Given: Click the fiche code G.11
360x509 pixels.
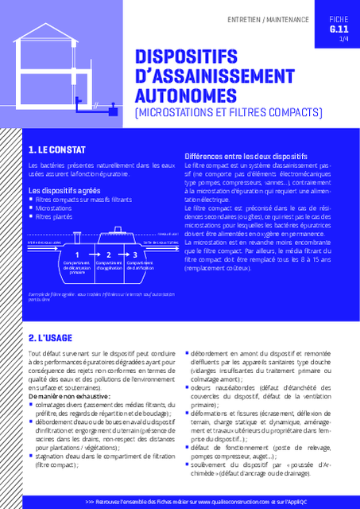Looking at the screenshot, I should click(339, 29).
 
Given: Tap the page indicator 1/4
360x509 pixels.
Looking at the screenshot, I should click(343, 38).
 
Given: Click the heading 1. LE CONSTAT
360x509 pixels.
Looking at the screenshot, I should click(56, 150).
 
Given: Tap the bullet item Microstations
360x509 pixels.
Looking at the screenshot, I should click(53, 208).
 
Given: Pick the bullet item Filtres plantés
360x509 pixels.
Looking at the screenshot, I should click(54, 216).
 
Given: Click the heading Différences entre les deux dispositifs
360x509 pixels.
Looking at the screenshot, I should click(246, 156).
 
